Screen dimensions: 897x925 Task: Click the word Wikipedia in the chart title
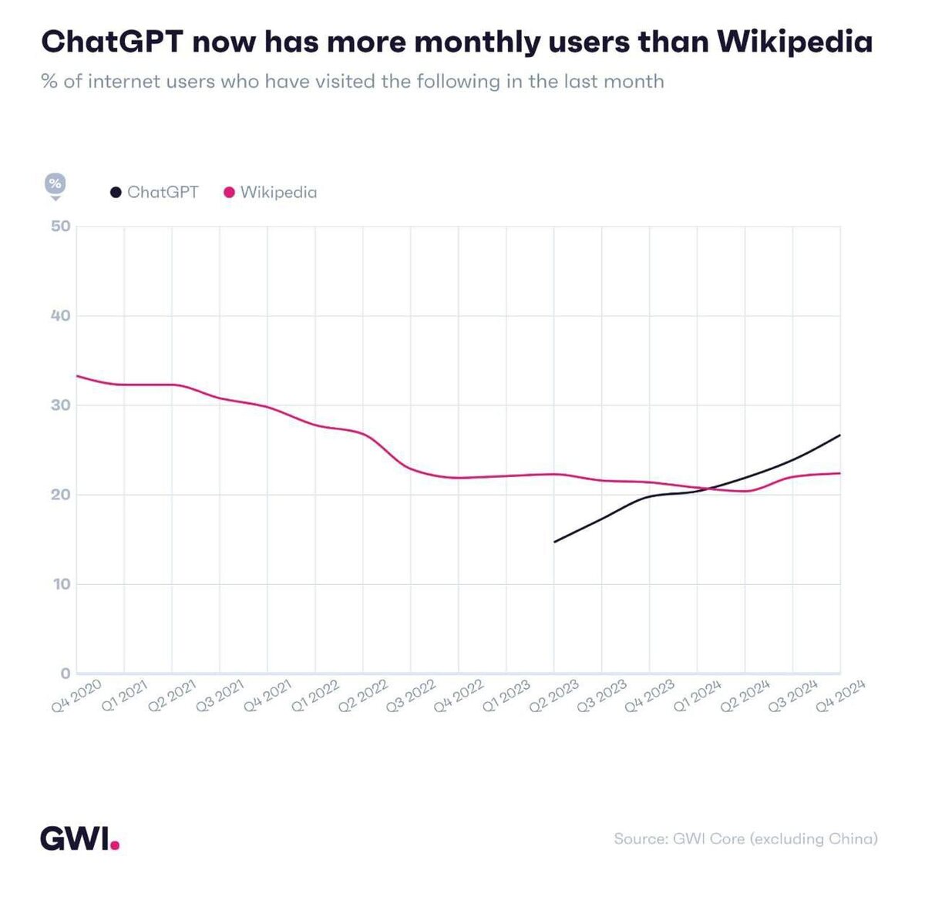pos(795,42)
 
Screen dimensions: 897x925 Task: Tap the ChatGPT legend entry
pos(154,192)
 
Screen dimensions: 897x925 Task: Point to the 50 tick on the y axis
pos(61,227)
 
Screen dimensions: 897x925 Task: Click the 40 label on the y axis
pos(61,316)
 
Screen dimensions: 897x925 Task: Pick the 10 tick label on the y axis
pos(61,584)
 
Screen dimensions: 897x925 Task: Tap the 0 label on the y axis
pos(66,674)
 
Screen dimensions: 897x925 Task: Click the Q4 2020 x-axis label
pos(76,697)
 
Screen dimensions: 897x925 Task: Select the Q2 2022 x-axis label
pos(363,697)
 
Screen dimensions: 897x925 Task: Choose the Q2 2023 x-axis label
pos(554,697)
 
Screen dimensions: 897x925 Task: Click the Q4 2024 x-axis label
pos(841,697)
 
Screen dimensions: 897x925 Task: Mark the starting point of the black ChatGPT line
pos(554,542)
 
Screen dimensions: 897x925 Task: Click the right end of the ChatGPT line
pos(839,435)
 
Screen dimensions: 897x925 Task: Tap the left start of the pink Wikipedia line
pos(77,376)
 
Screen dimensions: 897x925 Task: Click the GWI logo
pos(79,838)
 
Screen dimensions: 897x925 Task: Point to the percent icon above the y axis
pos(55,184)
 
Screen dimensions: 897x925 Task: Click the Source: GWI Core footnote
pos(745,838)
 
